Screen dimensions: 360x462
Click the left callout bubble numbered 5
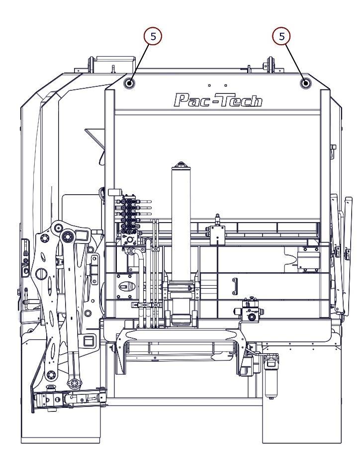pyautogui.click(x=153, y=36)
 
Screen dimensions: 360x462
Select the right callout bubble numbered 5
pyautogui.click(x=282, y=36)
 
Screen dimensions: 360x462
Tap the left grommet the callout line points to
pyautogui.click(x=129, y=83)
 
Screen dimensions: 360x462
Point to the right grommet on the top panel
pyautogui.click(x=305, y=83)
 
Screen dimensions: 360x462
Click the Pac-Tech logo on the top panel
pyautogui.click(x=218, y=100)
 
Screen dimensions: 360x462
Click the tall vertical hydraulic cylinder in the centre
pyautogui.click(x=182, y=219)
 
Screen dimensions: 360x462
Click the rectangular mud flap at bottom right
pyautogui.click(x=300, y=417)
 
